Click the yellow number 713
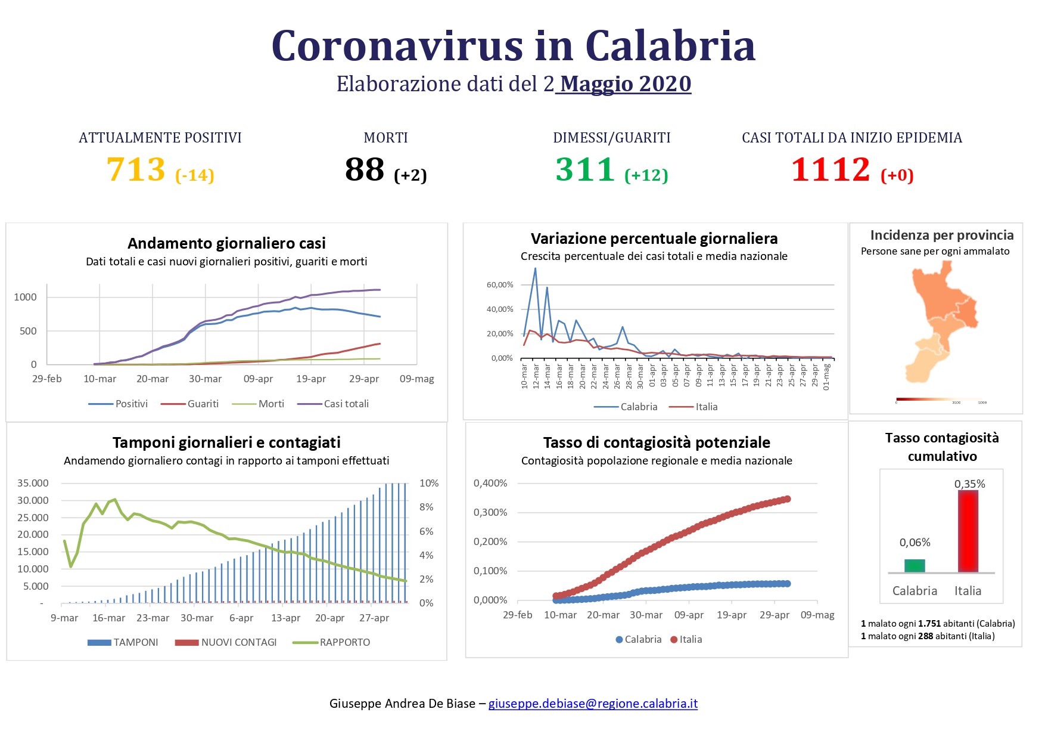coord(136,169)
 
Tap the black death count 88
coord(365,169)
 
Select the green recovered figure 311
coord(585,169)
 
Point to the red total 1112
coord(831,169)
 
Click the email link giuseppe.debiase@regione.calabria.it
coord(593,704)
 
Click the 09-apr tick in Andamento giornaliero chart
coord(258,379)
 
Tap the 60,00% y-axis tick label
coord(499,285)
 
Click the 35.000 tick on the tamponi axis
coord(33,483)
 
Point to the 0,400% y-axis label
coord(490,483)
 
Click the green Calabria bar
coord(915,566)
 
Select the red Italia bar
coord(968,531)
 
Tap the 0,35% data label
coord(969,484)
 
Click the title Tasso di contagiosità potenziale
coord(657,442)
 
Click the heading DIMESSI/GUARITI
coord(611,138)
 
